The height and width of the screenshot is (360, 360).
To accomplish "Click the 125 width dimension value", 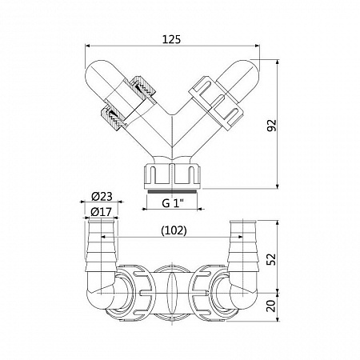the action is (x=171, y=39).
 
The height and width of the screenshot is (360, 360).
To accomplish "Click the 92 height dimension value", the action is (x=272, y=126).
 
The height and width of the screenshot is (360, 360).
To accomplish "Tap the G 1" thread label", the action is (x=173, y=203).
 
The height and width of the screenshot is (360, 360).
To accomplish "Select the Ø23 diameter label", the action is (x=102, y=197).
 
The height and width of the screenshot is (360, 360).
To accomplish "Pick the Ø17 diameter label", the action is (x=101, y=212).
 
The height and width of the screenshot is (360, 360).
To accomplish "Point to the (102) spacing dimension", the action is (x=174, y=230).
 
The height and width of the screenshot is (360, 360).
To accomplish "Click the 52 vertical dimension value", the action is (x=272, y=259).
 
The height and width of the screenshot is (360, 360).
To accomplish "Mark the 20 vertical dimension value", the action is (x=272, y=306).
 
